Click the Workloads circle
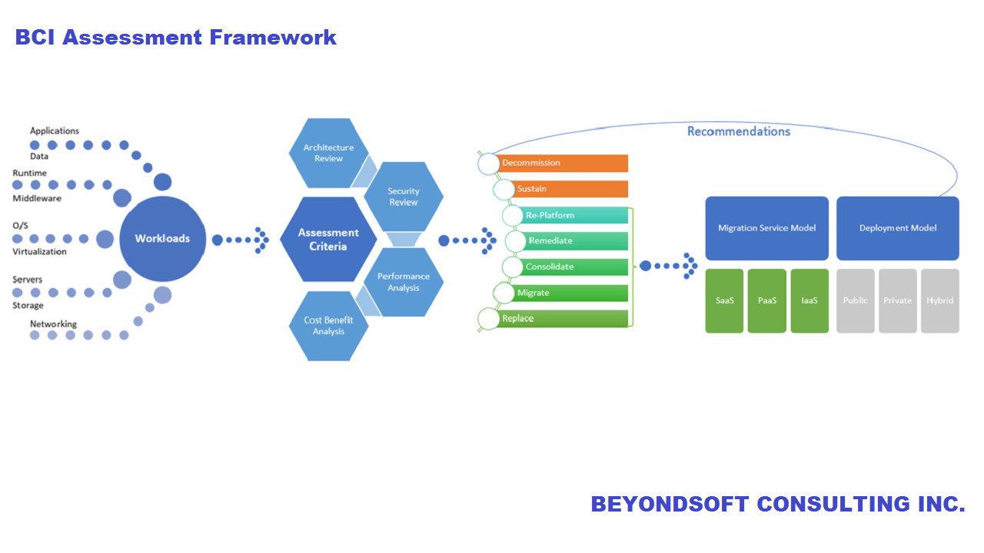coord(162,238)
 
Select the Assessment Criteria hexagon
coord(328,240)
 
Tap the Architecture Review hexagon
coord(328,153)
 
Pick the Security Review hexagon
coord(403,197)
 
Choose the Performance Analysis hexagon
coord(403,282)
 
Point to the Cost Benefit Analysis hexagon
coord(328,326)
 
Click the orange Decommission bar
coord(563,163)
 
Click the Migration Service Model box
coord(766,228)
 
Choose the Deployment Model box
coord(897,228)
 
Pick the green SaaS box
coord(724,300)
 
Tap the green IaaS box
coord(809,300)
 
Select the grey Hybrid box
coord(939,300)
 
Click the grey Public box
coord(855,300)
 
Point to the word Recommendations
coord(738,131)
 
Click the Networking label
coord(53,324)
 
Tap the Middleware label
coord(37,198)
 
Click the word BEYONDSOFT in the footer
coord(670,505)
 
